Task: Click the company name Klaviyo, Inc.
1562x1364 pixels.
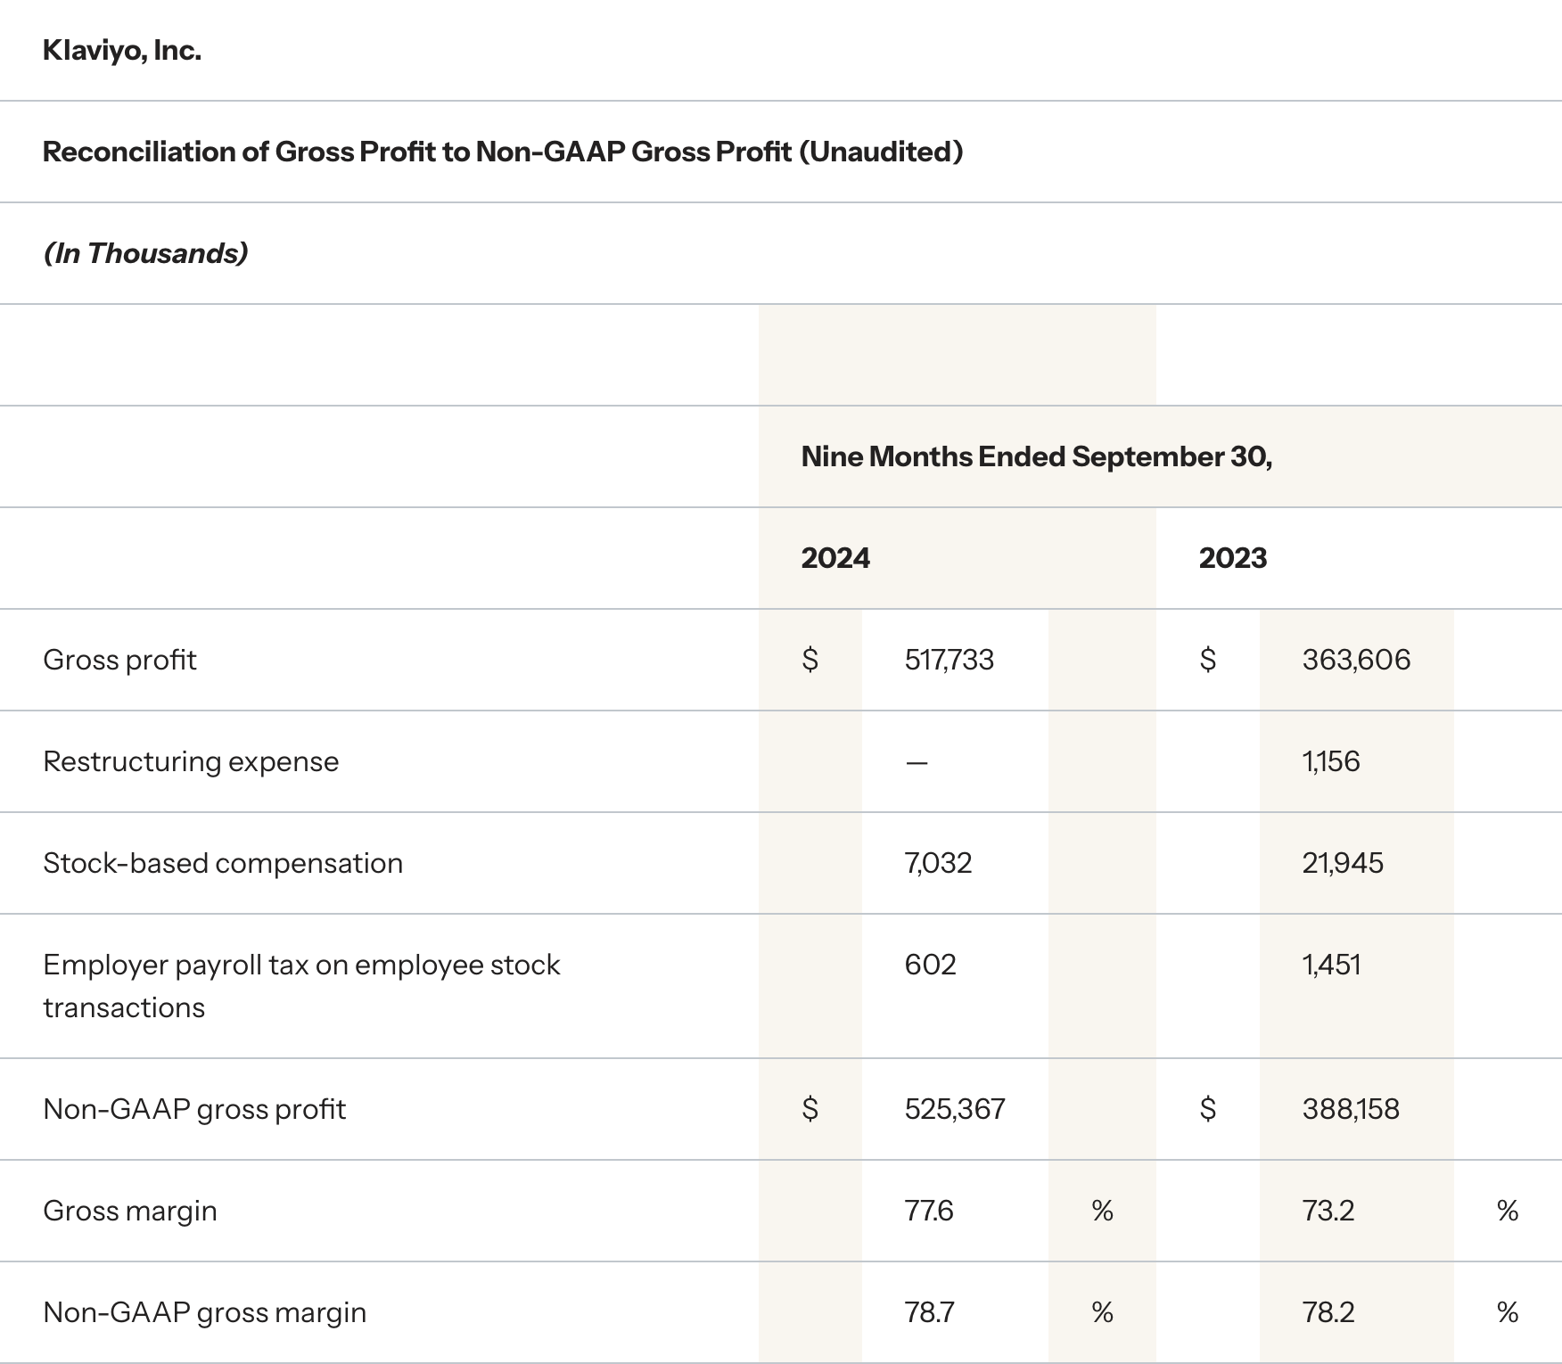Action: [x=122, y=51]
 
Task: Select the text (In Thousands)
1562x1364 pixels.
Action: [x=145, y=253]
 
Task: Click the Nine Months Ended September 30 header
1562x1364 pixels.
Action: [x=1036, y=456]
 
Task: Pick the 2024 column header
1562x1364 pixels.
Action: [x=835, y=558]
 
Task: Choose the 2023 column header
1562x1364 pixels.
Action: [x=1232, y=558]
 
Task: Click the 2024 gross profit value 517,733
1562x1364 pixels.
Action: [x=949, y=660]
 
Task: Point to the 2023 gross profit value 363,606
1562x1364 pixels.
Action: [x=1356, y=660]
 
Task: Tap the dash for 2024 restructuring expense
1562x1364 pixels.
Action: [x=917, y=762]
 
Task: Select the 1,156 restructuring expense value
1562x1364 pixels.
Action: [x=1331, y=761]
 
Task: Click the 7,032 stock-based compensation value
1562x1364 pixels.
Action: [x=938, y=863]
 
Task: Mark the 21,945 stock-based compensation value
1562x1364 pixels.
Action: [x=1343, y=863]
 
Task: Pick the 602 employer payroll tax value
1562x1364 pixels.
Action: [x=930, y=965]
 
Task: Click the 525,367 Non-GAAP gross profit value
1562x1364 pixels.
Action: [x=954, y=1109]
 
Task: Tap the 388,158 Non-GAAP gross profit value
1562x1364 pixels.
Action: [x=1351, y=1109]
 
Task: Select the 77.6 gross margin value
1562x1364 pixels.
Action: [x=929, y=1211]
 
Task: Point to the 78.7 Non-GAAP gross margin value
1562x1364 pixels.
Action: [x=929, y=1312]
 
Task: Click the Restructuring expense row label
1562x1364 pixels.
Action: [x=191, y=761]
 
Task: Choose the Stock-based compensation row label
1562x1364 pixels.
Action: [x=223, y=863]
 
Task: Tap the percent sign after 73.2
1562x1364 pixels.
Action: [x=1508, y=1211]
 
